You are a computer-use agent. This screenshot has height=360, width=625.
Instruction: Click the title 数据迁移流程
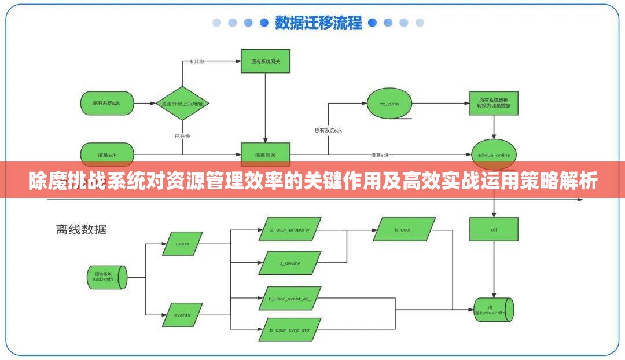coord(318,23)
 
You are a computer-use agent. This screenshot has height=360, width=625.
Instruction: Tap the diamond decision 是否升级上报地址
coord(183,104)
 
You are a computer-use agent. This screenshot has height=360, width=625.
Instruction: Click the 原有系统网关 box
coord(265,61)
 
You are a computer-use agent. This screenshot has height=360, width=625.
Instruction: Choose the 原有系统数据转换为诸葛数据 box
coord(494,103)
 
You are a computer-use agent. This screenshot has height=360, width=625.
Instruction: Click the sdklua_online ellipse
coord(494,155)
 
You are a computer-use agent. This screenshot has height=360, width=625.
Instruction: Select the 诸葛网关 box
coord(265,155)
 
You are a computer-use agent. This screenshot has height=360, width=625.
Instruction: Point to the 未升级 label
coord(196,61)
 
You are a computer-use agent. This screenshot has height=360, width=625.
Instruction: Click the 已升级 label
coord(182,136)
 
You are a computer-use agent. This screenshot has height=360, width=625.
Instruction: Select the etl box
coord(494,230)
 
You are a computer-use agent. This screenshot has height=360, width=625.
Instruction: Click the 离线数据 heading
coord(81,229)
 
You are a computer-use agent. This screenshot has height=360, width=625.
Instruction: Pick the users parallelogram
coord(182,244)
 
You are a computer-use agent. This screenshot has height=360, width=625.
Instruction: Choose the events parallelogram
coord(182,315)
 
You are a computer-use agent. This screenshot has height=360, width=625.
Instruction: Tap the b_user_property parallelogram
coord(290,229)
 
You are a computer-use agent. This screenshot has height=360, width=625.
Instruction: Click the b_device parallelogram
coord(290,263)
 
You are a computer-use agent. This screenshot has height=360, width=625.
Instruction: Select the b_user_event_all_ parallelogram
coord(290,299)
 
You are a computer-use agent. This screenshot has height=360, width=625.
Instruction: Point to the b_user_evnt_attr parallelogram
coord(290,330)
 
